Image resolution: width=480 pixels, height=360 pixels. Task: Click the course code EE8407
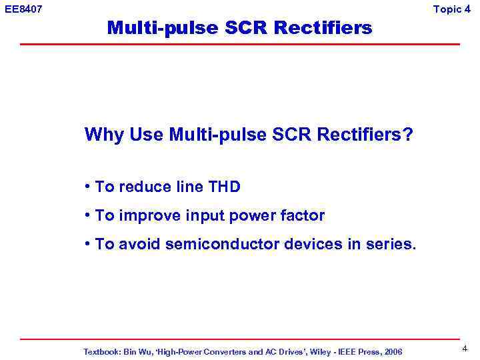coord(23,9)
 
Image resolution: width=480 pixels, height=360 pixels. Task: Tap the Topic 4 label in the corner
coord(456,9)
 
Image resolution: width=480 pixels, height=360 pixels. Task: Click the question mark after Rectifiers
coord(408,135)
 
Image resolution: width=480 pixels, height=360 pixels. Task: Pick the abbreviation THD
coord(225,187)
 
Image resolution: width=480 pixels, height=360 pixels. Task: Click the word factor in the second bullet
coord(303,216)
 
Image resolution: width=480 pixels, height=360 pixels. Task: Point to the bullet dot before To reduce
coord(88,187)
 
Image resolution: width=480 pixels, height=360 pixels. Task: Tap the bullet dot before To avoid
coord(88,245)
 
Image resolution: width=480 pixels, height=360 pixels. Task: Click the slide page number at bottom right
coord(464,348)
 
